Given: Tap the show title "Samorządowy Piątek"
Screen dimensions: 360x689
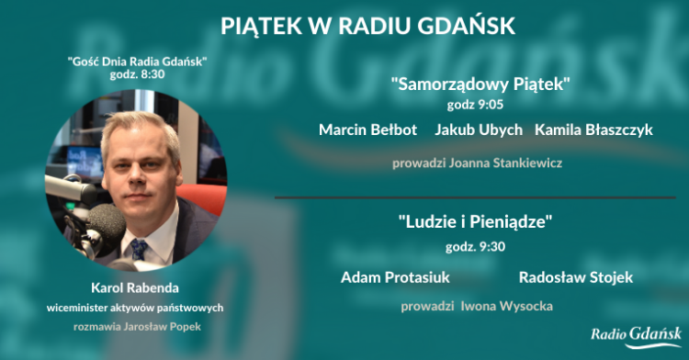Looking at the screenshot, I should click(x=480, y=85).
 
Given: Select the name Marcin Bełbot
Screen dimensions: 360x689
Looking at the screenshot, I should click(x=367, y=129).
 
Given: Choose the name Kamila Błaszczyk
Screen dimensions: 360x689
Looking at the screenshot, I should click(x=593, y=129).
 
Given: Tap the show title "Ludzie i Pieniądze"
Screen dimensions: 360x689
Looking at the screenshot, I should click(x=480, y=222).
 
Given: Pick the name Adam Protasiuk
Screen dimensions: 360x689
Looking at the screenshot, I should click(x=390, y=276).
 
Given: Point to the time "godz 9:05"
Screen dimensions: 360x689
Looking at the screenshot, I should click(x=481, y=106).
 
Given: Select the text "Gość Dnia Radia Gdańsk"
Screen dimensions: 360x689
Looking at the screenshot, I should click(x=138, y=62).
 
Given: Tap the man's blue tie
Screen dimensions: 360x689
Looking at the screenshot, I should click(x=139, y=249).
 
